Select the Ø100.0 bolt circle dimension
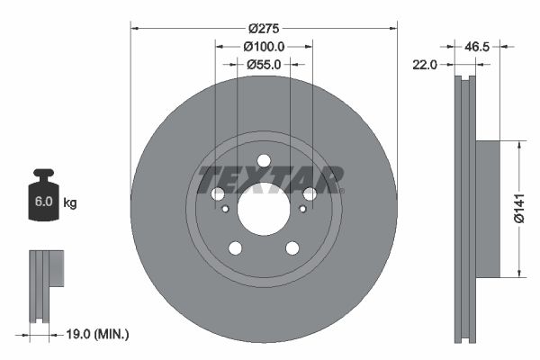[x=264, y=46]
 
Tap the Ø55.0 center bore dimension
[x=264, y=64]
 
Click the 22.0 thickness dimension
[x=425, y=64]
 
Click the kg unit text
[x=70, y=203]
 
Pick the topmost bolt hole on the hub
[x=264, y=162]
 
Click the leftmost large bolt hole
[x=218, y=193]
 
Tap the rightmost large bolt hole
[x=310, y=193]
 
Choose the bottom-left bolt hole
[x=235, y=247]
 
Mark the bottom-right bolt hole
[x=292, y=247]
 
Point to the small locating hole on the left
[x=224, y=209]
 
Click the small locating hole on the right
[x=303, y=209]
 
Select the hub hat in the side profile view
[x=486, y=208]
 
